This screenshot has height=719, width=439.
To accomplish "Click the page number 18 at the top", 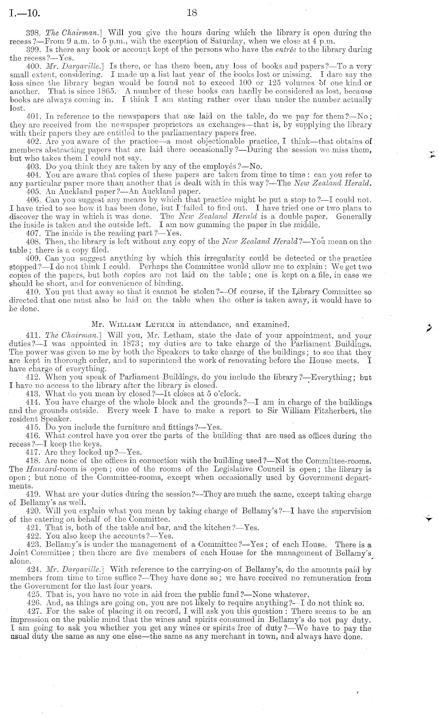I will click(192, 13).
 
